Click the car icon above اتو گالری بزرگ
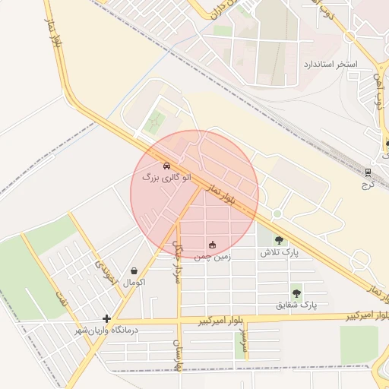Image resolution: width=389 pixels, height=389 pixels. [166, 165]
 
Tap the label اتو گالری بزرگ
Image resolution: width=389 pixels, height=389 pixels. [167, 176]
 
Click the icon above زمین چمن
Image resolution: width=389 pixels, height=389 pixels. [212, 245]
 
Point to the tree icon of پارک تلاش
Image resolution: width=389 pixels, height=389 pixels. [279, 239]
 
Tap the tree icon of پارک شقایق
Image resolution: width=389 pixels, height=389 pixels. [296, 293]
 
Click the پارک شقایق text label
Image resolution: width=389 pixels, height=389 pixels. [296, 305]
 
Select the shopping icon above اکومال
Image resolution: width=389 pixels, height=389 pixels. [134, 270]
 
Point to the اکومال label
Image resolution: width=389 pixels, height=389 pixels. [134, 282]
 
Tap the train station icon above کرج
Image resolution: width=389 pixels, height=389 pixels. [368, 172]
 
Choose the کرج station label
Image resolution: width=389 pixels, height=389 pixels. [368, 184]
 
